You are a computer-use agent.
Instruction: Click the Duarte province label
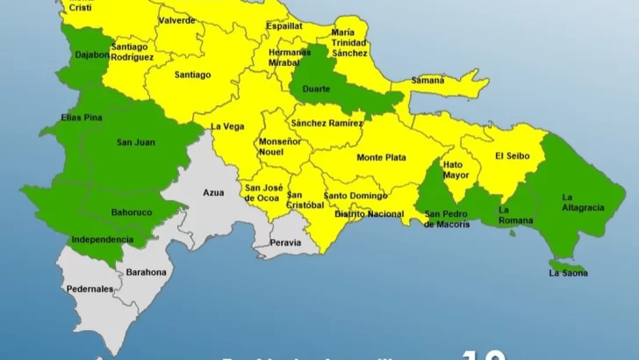[x=316, y=89]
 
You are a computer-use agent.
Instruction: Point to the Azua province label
[x=213, y=191]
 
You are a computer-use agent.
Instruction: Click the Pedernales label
[x=90, y=289]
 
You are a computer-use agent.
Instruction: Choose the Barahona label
[x=146, y=272]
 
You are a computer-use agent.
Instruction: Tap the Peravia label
[x=286, y=242]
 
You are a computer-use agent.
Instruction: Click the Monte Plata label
[x=381, y=158]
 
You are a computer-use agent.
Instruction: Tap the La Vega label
[x=226, y=126]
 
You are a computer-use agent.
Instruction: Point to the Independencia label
[x=103, y=239]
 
